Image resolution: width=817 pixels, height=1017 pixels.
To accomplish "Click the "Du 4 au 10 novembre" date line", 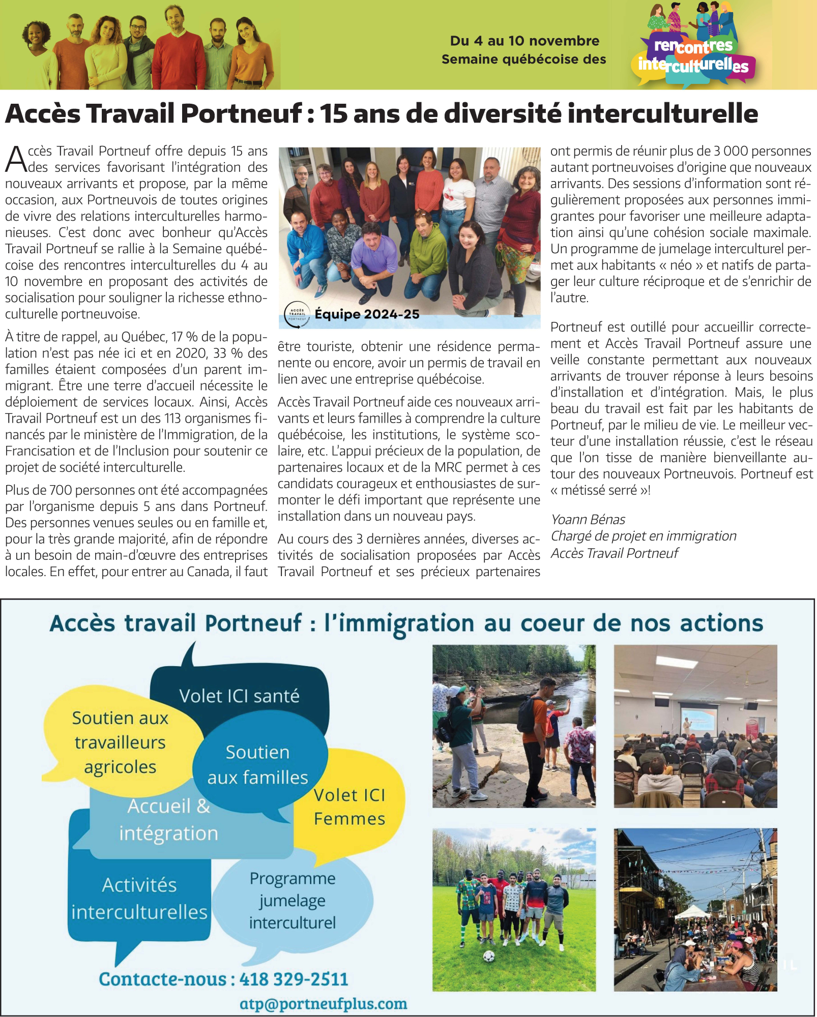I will click(524, 41).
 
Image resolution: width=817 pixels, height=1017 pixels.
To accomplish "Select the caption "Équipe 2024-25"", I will click(367, 314).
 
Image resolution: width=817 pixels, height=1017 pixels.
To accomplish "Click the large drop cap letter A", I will click(16, 160).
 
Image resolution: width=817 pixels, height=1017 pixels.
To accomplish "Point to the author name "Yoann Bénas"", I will click(588, 519).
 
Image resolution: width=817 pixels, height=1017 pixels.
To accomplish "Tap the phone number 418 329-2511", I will click(294, 979).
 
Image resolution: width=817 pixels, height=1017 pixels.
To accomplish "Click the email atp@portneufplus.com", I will click(323, 1004).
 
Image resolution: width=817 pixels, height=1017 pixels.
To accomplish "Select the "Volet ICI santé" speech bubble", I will click(239, 696).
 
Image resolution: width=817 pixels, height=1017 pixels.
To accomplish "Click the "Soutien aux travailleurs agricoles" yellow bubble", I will click(120, 742).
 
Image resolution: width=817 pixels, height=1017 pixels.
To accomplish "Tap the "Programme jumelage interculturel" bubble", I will click(293, 901).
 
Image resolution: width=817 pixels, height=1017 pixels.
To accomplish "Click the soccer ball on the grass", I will click(488, 956).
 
